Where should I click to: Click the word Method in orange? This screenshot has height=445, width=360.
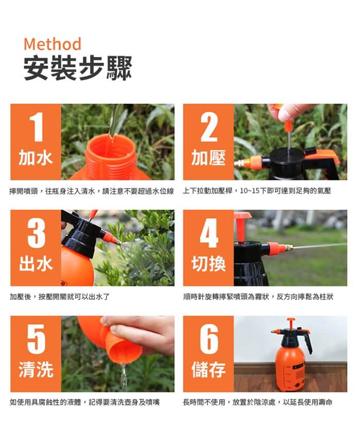52,44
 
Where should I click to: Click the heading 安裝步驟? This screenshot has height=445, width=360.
78,68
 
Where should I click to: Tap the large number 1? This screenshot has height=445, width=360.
36,127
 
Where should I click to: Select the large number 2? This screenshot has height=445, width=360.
209,127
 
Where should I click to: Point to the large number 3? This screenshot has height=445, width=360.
36,233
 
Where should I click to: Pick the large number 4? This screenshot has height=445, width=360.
209,233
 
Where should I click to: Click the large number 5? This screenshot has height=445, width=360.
36,339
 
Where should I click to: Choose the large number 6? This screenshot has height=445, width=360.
209,339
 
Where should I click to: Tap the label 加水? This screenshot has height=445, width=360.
36,158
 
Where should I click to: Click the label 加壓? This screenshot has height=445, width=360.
209,158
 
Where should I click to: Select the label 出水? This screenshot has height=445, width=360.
36,264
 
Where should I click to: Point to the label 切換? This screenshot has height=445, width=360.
209,264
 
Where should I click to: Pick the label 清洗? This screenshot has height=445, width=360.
36,370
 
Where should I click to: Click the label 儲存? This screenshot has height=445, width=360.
209,370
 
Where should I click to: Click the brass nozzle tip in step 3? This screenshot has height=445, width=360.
118,242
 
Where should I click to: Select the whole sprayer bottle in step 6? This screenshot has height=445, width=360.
292,355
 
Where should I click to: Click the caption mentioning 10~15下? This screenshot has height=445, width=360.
257,191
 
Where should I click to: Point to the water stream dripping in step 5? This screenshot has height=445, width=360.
123,377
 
